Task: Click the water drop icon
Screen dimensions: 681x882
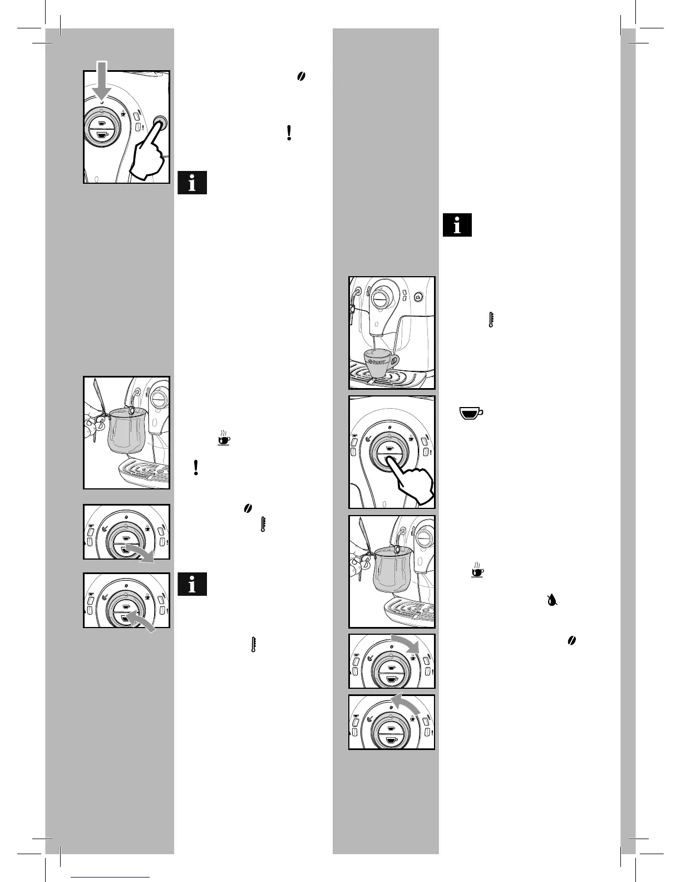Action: (x=552, y=600)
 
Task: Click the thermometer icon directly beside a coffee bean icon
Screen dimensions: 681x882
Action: (x=263, y=524)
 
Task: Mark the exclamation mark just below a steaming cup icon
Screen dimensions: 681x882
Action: (x=196, y=467)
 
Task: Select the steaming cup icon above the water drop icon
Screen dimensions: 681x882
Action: (x=477, y=570)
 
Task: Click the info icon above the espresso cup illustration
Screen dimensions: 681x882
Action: (x=457, y=226)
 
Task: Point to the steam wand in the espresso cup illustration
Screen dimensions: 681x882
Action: (x=352, y=312)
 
